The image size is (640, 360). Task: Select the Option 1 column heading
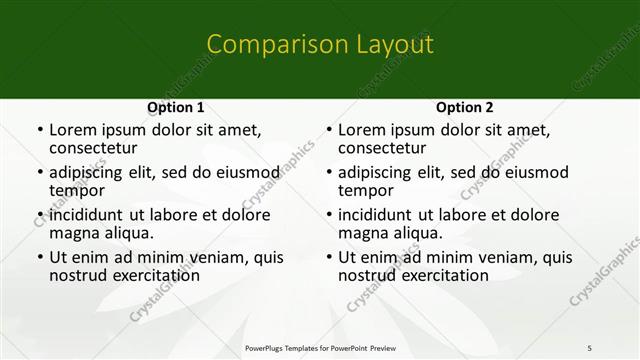tap(175, 107)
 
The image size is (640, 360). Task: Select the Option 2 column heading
tap(464, 107)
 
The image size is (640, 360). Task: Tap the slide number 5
tap(590, 347)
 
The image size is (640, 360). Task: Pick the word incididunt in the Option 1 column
tap(85, 214)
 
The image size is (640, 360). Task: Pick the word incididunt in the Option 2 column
tap(374, 214)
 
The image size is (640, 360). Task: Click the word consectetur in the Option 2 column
tap(385, 148)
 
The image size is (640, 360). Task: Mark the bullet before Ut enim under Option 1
tap(39, 257)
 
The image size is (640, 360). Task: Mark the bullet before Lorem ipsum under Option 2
tap(328, 130)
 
